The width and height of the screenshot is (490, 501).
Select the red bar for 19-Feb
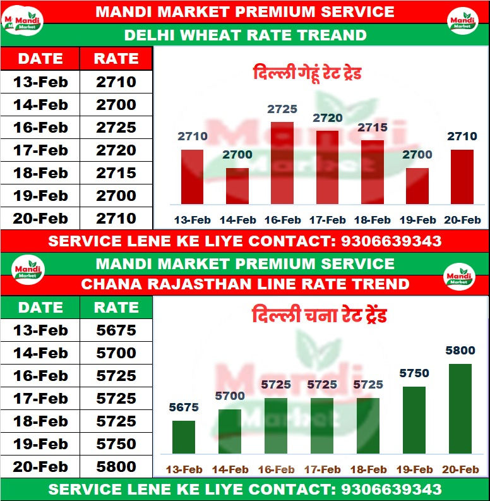pyautogui.click(x=417, y=186)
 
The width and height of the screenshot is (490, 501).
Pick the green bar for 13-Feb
pyautogui.click(x=184, y=437)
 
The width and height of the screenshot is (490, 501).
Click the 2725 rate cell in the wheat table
pyautogui.click(x=116, y=128)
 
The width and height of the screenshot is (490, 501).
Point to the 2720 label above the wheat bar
pyautogui.click(x=328, y=118)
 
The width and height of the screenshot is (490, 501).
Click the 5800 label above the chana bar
pyautogui.click(x=460, y=349)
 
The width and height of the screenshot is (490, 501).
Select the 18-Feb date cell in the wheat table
pyautogui.click(x=40, y=173)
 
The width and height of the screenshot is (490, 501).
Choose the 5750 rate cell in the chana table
pyautogui.click(x=116, y=444)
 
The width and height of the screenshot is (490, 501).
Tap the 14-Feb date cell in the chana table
pyautogui.click(x=40, y=353)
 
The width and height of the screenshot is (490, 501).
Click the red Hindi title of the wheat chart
pyautogui.click(x=307, y=73)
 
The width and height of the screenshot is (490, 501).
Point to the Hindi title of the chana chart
pyautogui.click(x=319, y=315)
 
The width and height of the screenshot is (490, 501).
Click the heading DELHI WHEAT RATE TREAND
pyautogui.click(x=245, y=35)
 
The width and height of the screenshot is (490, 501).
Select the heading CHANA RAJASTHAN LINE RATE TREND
pyautogui.click(x=245, y=284)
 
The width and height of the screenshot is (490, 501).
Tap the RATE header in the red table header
pyautogui.click(x=116, y=59)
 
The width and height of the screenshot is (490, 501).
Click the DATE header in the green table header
pyautogui.click(x=40, y=308)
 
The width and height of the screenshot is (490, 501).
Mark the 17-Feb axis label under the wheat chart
pyautogui.click(x=327, y=220)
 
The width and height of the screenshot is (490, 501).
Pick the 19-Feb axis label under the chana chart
pyautogui.click(x=414, y=469)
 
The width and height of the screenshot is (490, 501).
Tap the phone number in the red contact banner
pyautogui.click(x=391, y=241)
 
